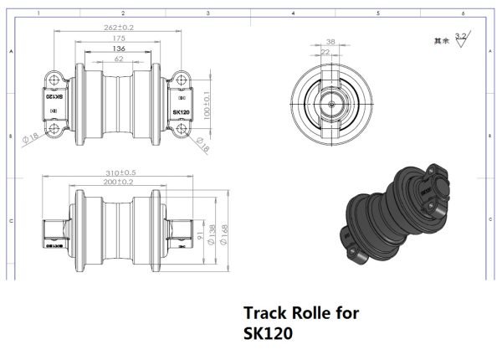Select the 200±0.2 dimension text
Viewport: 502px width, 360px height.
(x=118, y=182)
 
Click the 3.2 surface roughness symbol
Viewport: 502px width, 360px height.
(x=460, y=37)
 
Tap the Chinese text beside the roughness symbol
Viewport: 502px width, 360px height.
(x=440, y=39)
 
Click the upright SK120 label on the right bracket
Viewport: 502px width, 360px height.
(x=181, y=111)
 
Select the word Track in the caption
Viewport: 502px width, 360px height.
(x=264, y=313)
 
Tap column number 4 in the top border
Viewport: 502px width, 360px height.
(x=293, y=13)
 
